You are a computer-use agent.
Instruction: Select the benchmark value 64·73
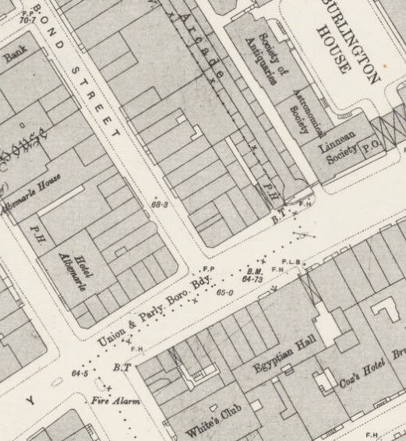coord(254,277)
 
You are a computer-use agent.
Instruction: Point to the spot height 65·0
coord(225,292)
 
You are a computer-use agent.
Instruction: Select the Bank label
coord(16,58)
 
